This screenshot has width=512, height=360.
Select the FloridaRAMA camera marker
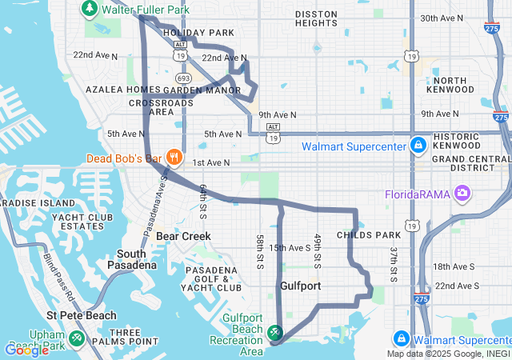pyautogui.click(x=462, y=193)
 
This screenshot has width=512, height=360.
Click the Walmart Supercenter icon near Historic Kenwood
pyautogui.click(x=418, y=146)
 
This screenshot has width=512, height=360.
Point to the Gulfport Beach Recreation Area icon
pyautogui.click(x=274, y=331)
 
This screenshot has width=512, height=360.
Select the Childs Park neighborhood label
pyautogui.click(x=368, y=234)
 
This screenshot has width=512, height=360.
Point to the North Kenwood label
pyautogui.click(x=452, y=86)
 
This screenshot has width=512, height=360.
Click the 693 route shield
pyautogui.click(x=183, y=78)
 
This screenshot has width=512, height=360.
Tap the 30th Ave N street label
pyautogui.click(x=442, y=18)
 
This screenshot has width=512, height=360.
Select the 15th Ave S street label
pyautogui.click(x=290, y=248)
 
